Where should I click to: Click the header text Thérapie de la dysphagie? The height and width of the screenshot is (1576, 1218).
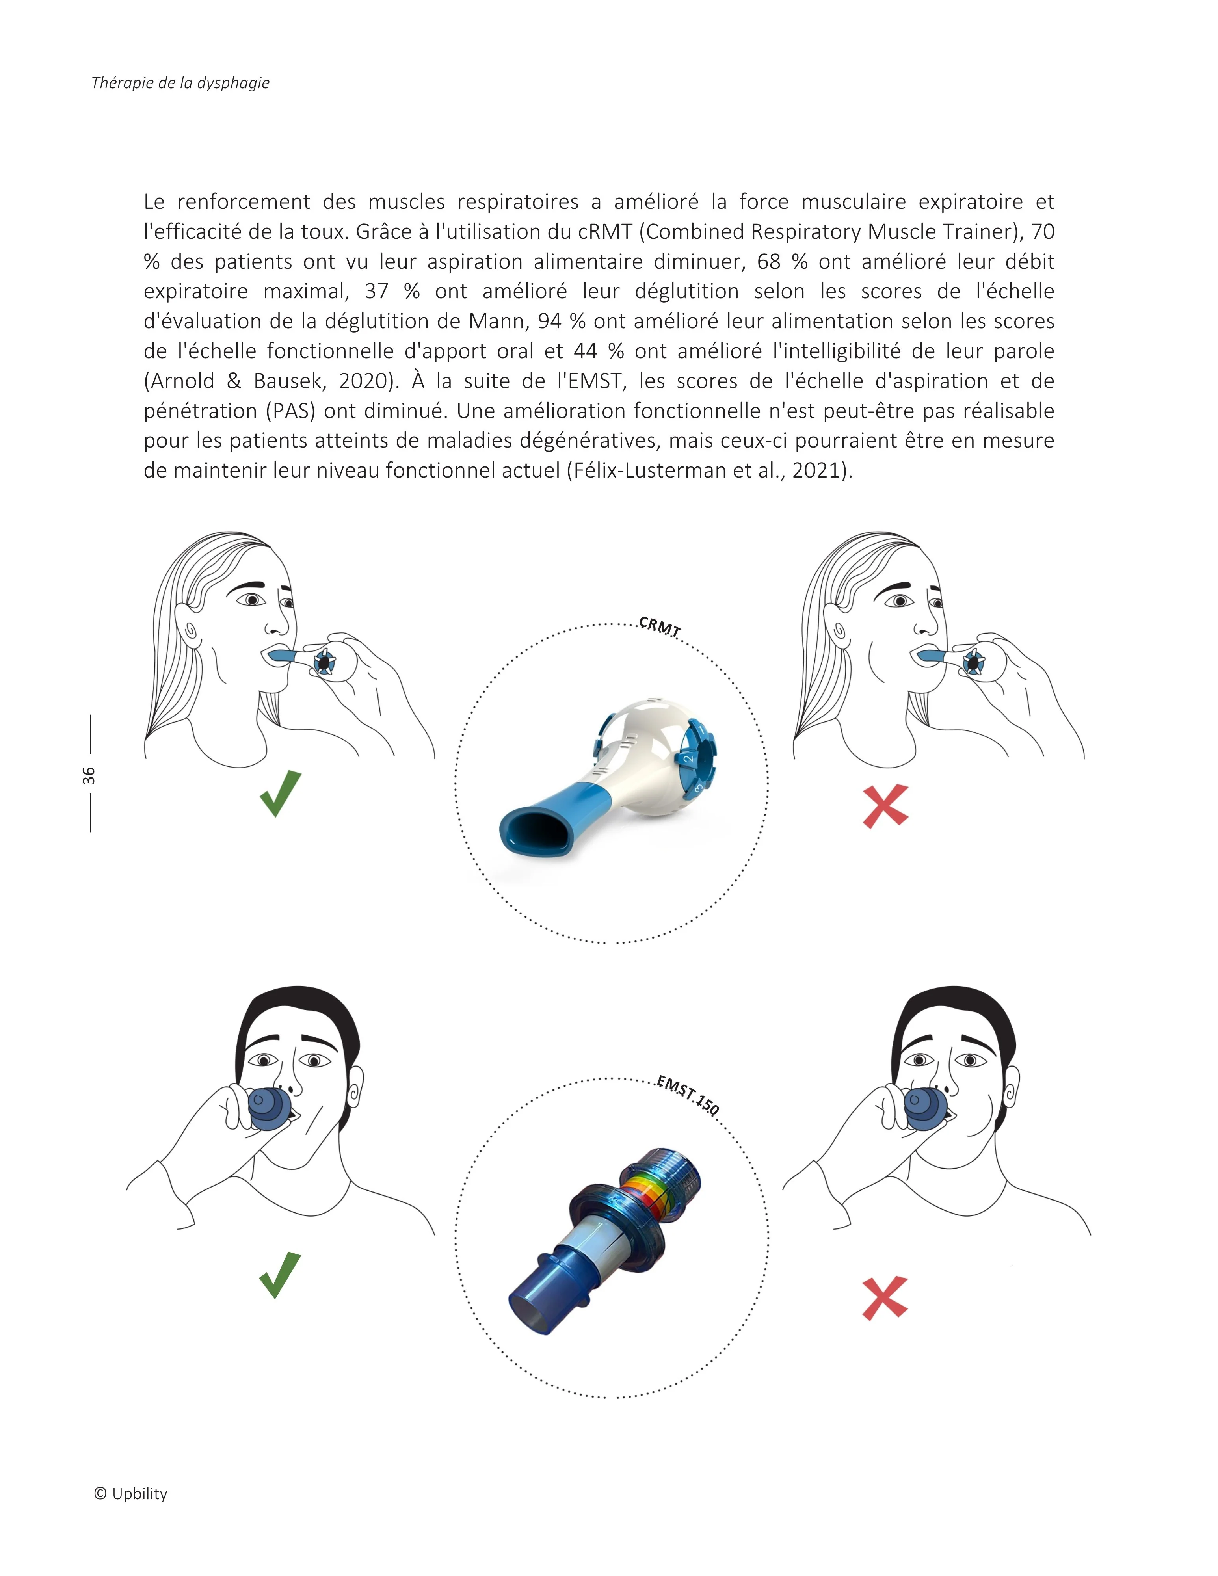[180, 83]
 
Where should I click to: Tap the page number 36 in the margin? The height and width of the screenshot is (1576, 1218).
[88, 775]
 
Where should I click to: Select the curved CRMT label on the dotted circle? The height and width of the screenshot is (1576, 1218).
[660, 626]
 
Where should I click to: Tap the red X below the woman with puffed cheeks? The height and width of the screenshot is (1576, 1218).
[885, 806]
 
